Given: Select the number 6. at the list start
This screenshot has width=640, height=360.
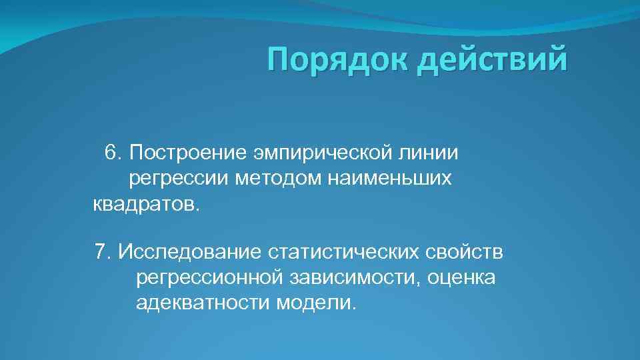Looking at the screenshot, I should pos(114,153).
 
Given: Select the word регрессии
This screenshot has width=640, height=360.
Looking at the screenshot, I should pos(178,179).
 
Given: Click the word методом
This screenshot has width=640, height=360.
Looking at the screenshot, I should pos(275,178).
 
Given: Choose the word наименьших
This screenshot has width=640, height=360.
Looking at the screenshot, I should pos(389,178).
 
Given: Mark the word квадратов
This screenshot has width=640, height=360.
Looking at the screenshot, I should pos(146,203).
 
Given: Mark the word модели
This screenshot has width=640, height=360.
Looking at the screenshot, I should pos(315,303).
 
